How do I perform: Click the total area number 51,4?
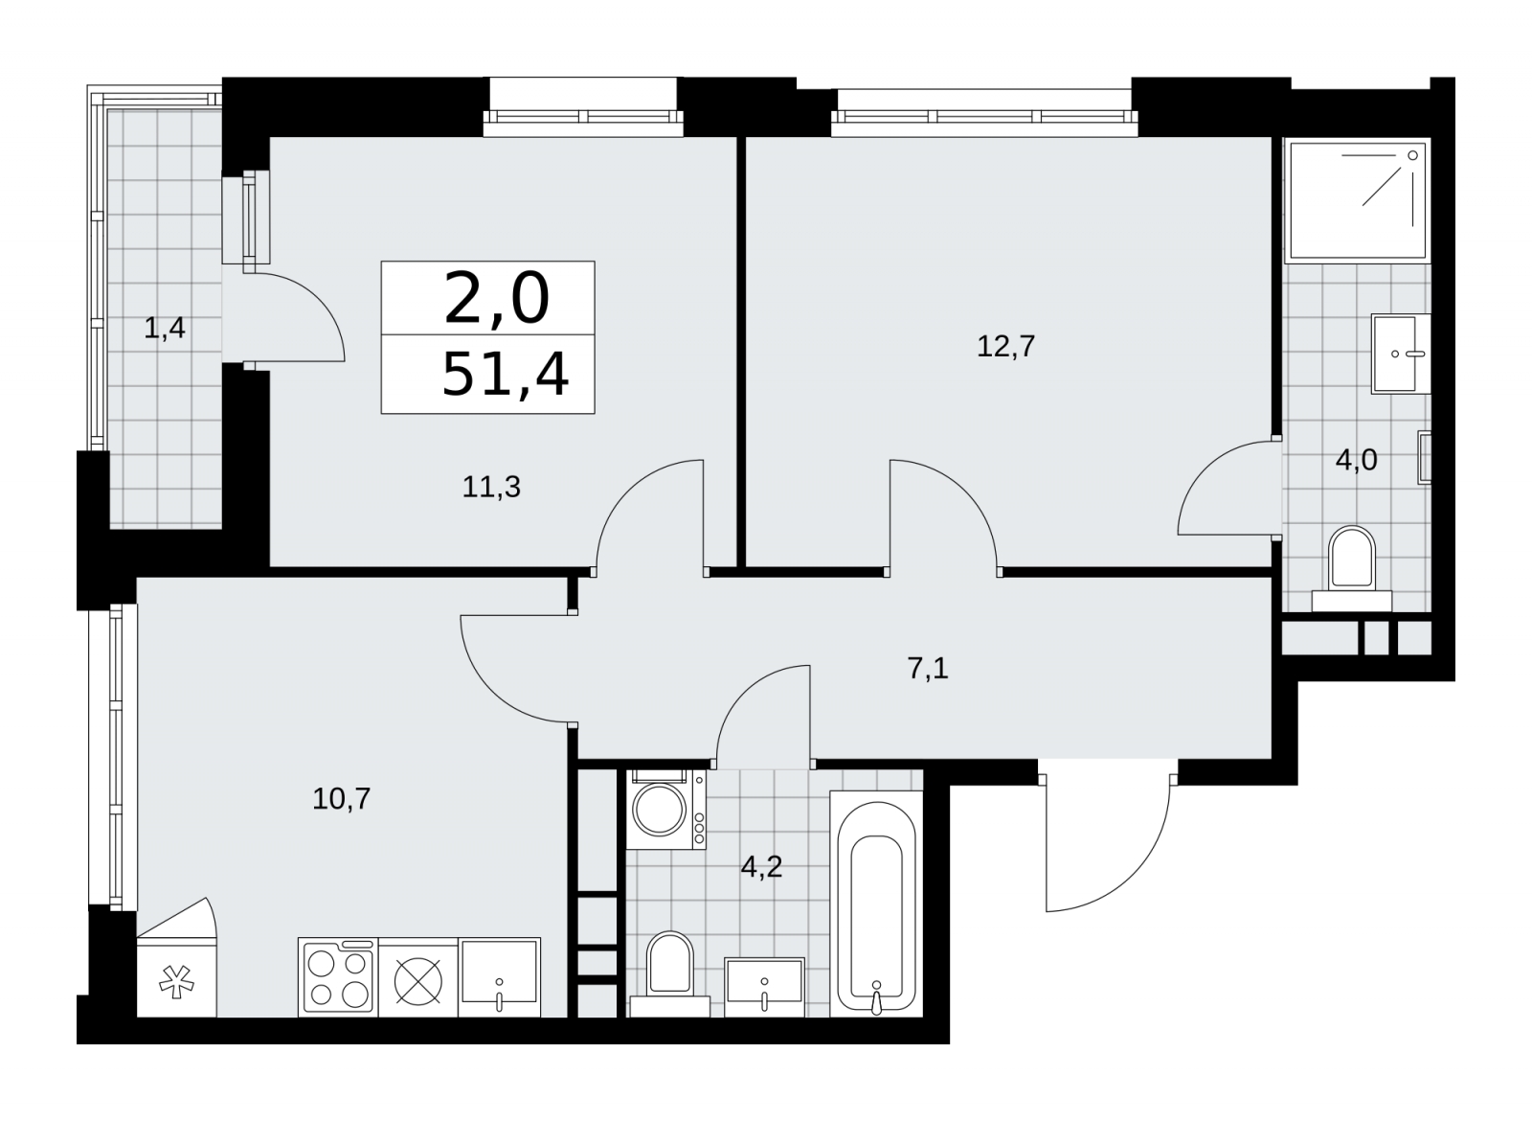point(506,375)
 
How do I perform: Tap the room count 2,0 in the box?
point(497,298)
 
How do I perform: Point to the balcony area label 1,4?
point(164,329)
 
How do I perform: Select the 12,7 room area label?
point(1005,346)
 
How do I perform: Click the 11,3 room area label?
point(491,488)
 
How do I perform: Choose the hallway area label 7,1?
point(928,668)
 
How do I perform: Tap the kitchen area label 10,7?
point(341,799)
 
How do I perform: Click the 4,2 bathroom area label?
point(761,867)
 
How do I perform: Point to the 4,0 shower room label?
point(1356,461)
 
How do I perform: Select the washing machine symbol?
point(665,810)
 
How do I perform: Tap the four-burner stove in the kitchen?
point(338,976)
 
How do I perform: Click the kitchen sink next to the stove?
point(499,976)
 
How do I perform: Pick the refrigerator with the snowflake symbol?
point(176,976)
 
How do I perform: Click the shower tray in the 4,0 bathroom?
point(1357,200)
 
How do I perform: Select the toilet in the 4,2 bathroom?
point(669,973)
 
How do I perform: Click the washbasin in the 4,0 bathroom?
point(1400,354)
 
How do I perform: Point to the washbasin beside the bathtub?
point(764,988)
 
